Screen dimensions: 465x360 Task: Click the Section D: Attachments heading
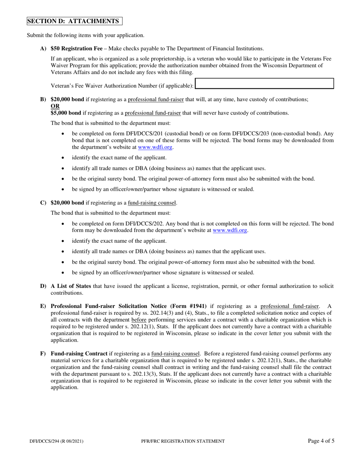(74, 21)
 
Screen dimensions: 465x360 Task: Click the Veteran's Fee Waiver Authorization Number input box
(264, 84)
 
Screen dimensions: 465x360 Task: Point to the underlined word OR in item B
(55, 106)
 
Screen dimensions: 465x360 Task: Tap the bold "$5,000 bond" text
(66, 113)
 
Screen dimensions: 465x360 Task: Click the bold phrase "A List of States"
(71, 286)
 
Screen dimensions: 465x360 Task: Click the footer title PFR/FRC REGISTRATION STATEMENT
(182, 441)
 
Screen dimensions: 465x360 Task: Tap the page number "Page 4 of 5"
(321, 441)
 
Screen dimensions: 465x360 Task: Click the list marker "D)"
(43, 286)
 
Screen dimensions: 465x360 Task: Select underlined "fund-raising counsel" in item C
(152, 203)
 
